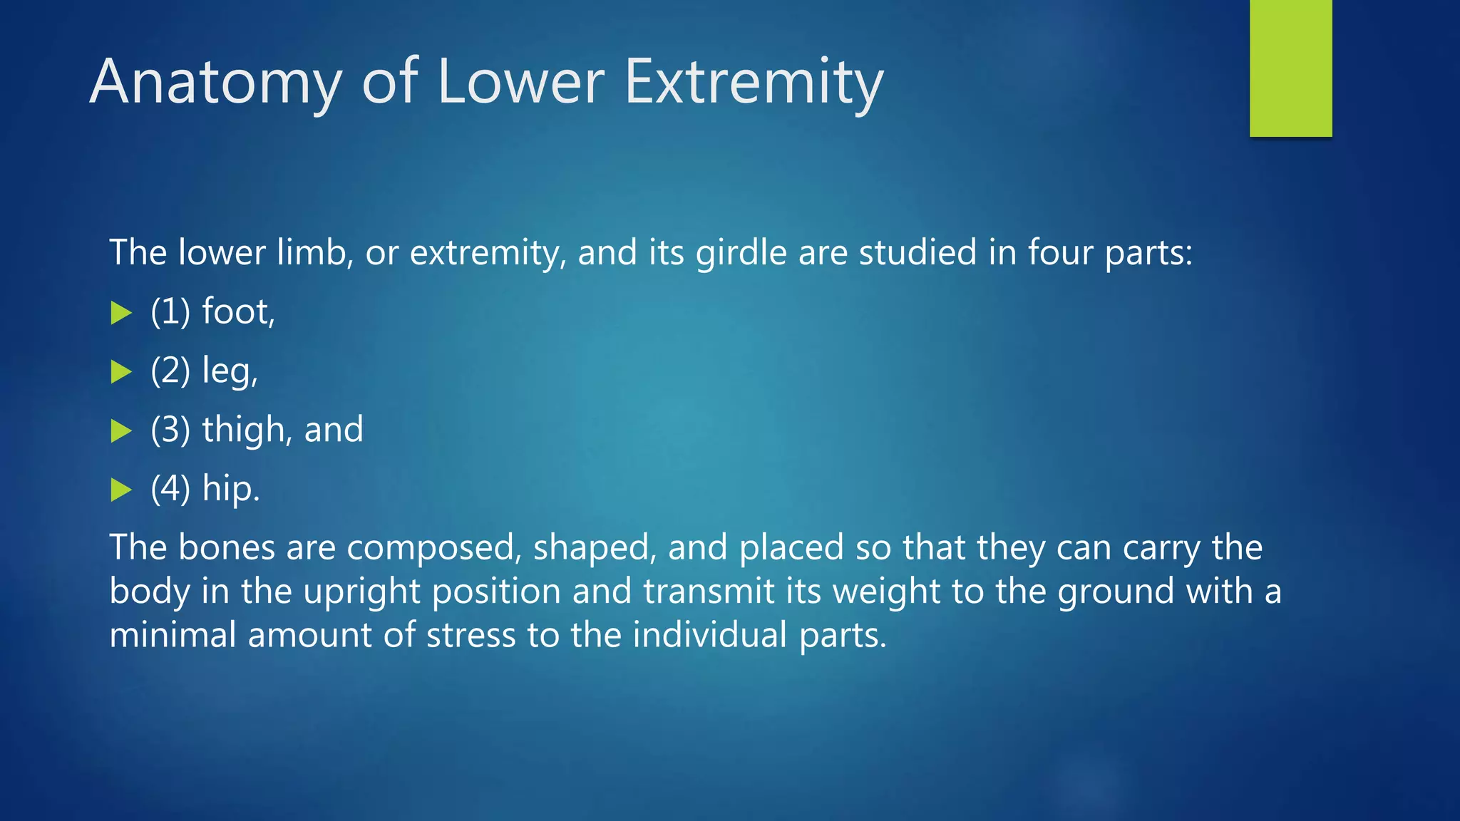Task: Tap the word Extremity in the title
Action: point(754,82)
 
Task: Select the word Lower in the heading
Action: point(520,82)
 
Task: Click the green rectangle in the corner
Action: point(1290,68)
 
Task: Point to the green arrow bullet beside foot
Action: point(122,313)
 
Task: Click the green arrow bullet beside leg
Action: point(122,372)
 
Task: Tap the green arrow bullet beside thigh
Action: point(122,431)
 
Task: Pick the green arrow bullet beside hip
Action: point(122,490)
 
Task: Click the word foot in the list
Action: point(237,311)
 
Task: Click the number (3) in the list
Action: point(170,430)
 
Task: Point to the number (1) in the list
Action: point(170,311)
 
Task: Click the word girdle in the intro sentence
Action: point(741,253)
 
